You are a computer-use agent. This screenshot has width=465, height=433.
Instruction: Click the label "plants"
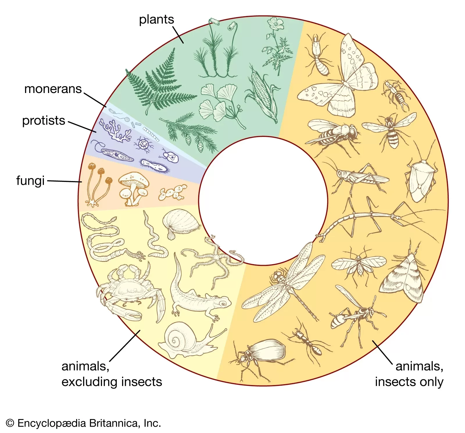coord(156,20)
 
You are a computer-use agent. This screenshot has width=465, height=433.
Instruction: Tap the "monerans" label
coord(53,89)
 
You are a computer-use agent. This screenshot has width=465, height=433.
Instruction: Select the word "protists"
coord(44,121)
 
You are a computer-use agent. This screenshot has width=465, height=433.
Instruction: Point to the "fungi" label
coord(30,180)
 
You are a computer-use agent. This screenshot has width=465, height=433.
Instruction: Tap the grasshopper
coord(357,177)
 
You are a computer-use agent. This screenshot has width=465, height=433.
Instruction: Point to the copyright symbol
coord(10,423)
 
